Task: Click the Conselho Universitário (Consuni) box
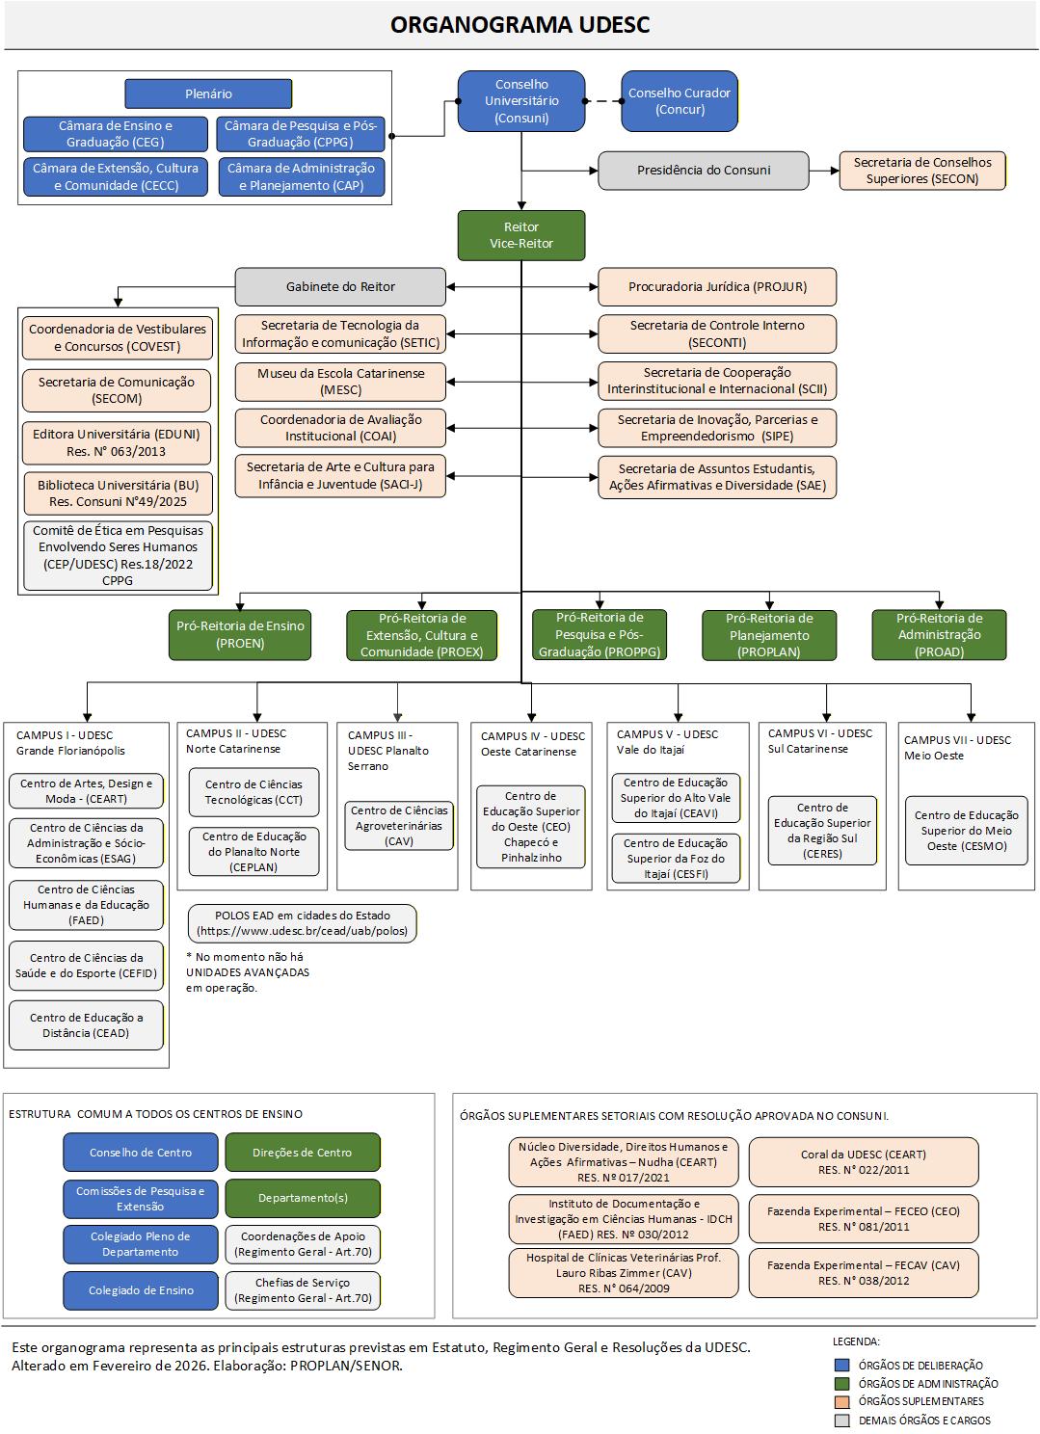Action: pos(521,100)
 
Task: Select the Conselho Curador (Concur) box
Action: pos(680,101)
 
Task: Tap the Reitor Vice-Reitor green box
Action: pos(521,235)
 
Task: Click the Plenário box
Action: pos(208,93)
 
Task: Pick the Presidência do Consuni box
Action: pos(704,171)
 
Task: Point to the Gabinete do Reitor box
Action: pos(340,286)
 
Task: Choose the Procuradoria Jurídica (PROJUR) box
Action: pos(717,286)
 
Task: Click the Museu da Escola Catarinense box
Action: pos(340,382)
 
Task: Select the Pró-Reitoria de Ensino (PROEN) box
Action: pos(240,634)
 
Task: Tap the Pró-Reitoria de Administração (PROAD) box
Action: pos(939,634)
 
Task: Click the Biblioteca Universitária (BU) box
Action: pos(118,493)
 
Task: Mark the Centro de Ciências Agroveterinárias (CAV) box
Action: pos(399,826)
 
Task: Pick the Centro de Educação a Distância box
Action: pos(86,1025)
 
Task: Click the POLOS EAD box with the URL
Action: pos(303,923)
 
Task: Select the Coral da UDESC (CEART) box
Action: pos(864,1162)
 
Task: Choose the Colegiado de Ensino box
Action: pos(141,1290)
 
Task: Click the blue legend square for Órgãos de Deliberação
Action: pos(842,1365)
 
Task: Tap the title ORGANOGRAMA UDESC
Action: pos(520,25)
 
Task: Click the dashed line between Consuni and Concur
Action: pos(602,100)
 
